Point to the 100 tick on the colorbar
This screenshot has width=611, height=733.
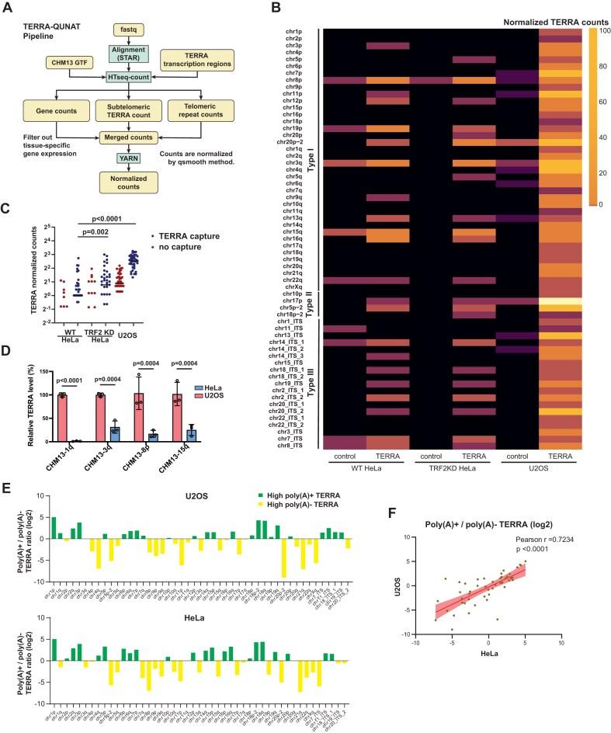(602, 29)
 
